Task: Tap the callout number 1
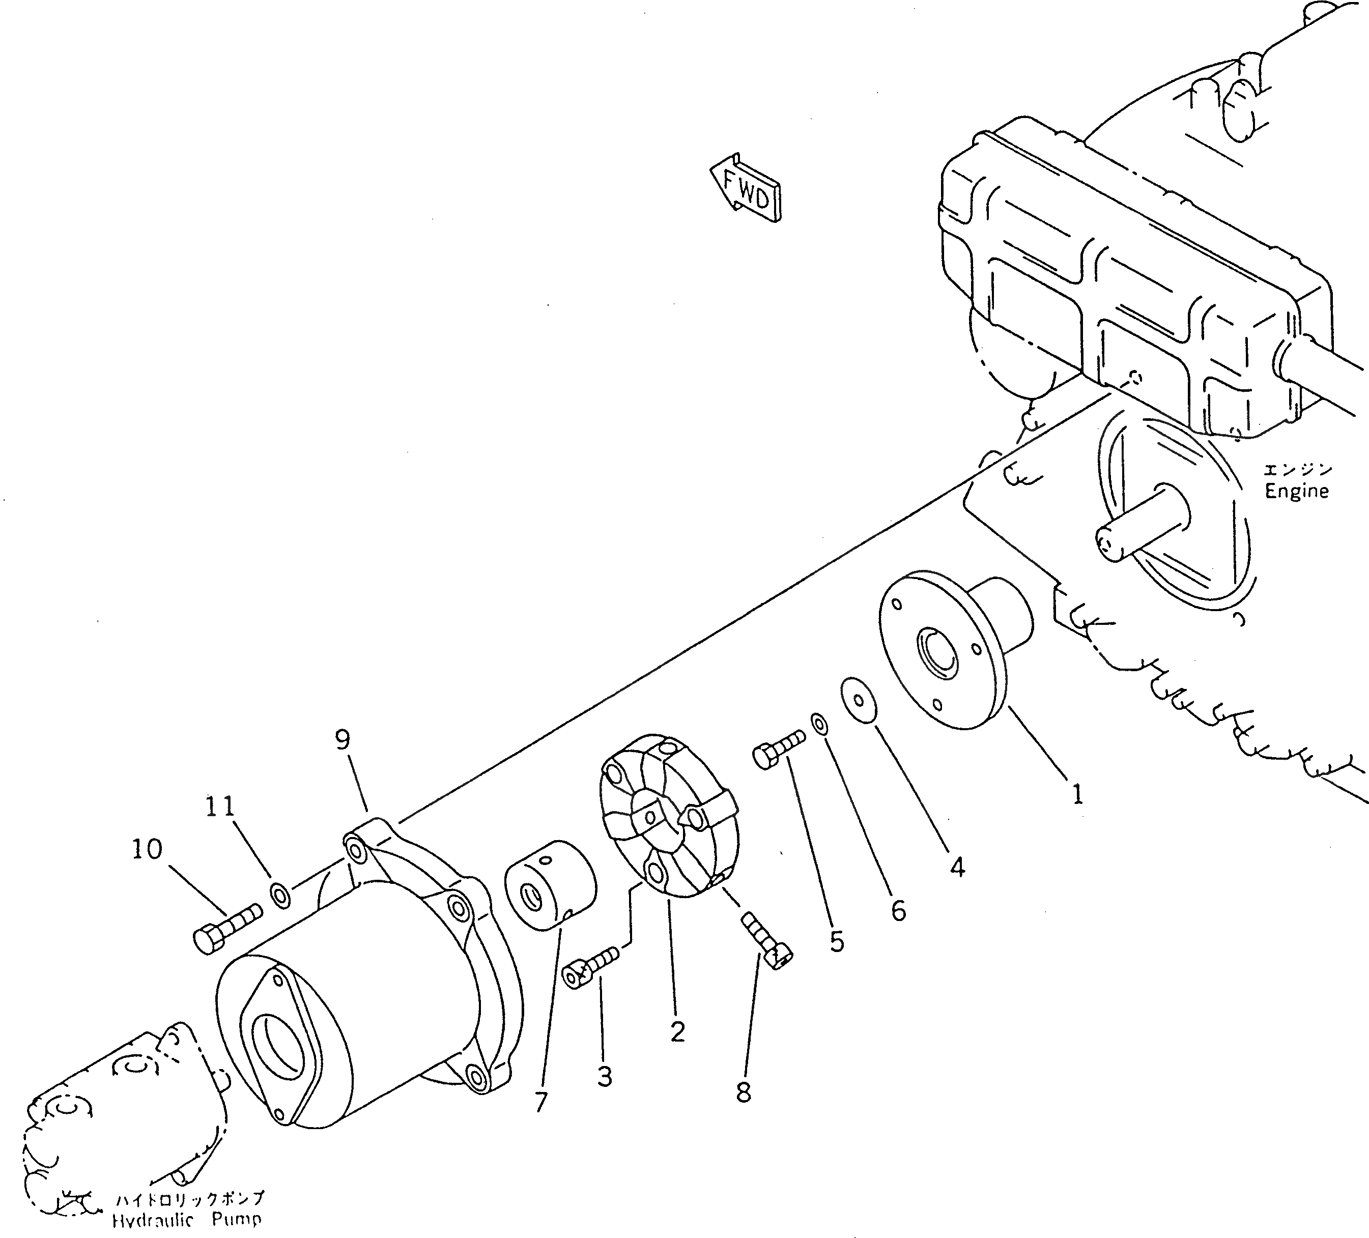point(1077,793)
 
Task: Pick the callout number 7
point(540,1103)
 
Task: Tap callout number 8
point(744,1092)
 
